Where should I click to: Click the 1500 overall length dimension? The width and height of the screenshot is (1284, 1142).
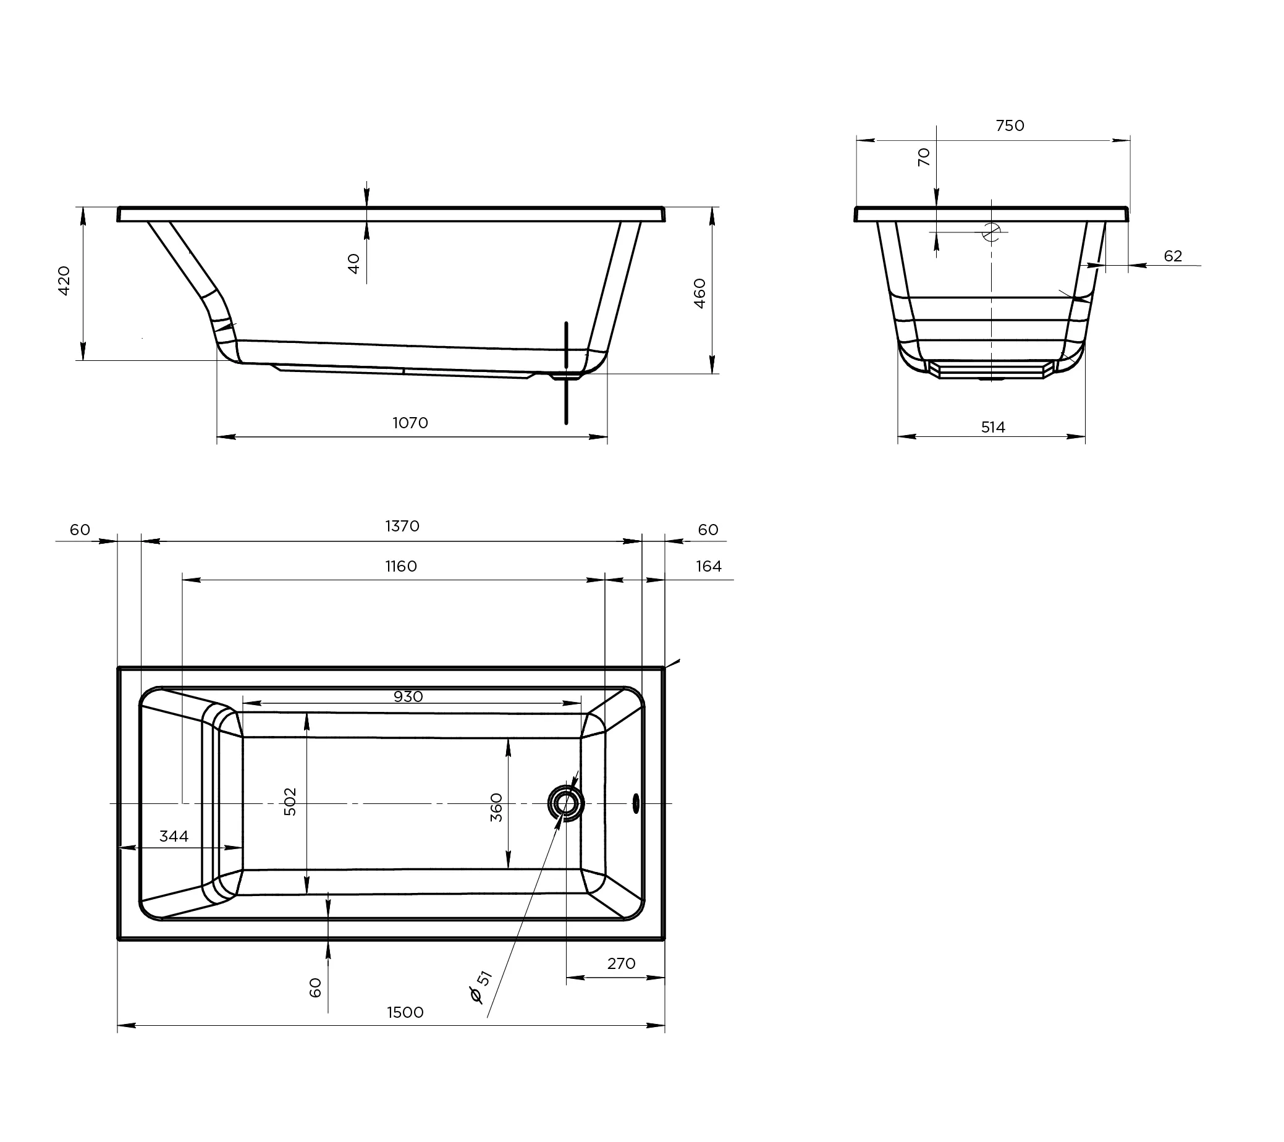(x=405, y=1012)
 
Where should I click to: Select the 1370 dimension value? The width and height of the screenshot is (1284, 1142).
(x=402, y=526)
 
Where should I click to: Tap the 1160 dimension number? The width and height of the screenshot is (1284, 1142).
(x=401, y=566)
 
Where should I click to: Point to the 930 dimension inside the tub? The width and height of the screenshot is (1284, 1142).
(x=408, y=696)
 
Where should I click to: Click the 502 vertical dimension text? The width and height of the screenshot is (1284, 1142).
(x=290, y=802)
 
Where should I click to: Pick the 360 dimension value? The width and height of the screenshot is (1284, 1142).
(x=496, y=807)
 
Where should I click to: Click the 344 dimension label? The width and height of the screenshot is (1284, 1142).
(x=174, y=836)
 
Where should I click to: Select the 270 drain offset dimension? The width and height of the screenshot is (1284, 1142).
(x=621, y=963)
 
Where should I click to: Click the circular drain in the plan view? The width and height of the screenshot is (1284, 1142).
(x=565, y=803)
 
